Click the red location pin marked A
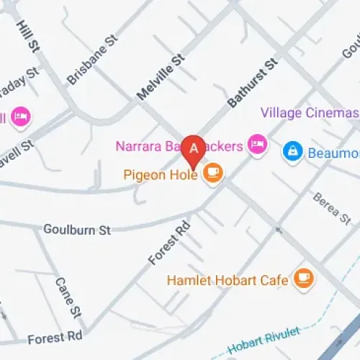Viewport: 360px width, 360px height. pyautogui.click(x=194, y=150)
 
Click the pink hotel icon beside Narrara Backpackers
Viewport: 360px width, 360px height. pyautogui.click(x=256, y=146)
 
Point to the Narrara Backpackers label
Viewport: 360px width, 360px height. pyautogui.click(x=179, y=147)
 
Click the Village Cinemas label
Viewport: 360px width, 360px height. pyautogui.click(x=309, y=114)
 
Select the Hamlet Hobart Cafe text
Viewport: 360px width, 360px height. pyautogui.click(x=228, y=279)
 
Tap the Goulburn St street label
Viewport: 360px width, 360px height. pyautogui.click(x=76, y=230)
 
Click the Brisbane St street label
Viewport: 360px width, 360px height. pyautogui.click(x=91, y=62)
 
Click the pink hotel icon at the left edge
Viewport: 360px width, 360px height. pyautogui.click(x=19, y=117)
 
